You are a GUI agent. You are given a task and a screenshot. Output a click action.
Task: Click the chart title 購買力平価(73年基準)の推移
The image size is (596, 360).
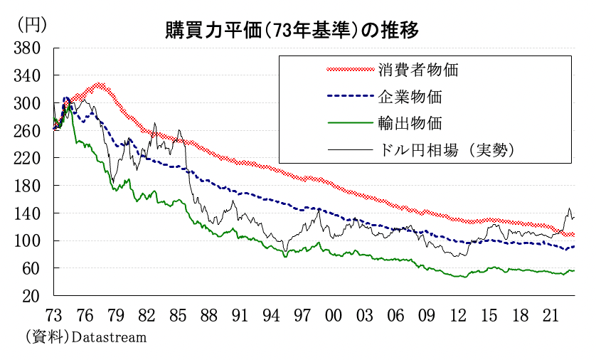(x=291, y=30)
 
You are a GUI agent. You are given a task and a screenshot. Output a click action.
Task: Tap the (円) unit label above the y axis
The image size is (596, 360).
(x=31, y=24)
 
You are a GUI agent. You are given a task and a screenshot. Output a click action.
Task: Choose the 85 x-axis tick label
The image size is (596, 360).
(x=178, y=314)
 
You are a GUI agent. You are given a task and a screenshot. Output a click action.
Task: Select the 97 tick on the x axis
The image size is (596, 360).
(x=302, y=314)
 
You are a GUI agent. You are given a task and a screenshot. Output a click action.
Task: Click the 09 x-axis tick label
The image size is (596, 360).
(x=426, y=314)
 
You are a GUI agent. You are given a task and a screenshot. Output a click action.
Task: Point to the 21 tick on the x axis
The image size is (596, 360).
(x=550, y=314)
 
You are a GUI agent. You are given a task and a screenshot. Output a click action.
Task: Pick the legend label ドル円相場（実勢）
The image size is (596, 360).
(x=447, y=149)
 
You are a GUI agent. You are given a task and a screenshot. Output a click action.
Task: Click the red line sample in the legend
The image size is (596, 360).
(x=349, y=70)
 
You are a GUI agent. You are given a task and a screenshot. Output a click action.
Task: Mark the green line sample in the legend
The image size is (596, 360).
(x=349, y=122)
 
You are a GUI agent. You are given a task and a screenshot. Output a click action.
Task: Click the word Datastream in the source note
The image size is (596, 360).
(x=109, y=337)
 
